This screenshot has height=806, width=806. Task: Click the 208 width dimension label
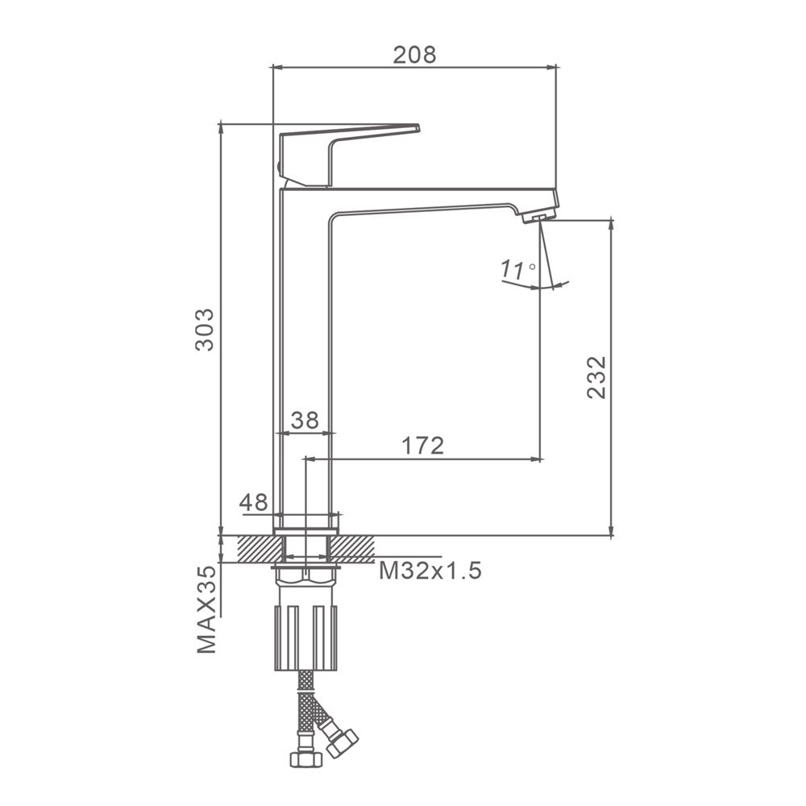coord(414,55)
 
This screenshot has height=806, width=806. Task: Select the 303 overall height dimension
coord(204,330)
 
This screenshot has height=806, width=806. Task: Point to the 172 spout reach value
coord(422,446)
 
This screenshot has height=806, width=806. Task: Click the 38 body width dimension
coord(305,420)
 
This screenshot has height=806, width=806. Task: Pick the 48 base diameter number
coord(253,502)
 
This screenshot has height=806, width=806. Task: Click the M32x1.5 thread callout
coord(430,570)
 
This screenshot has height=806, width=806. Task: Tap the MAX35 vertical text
coord(206,609)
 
